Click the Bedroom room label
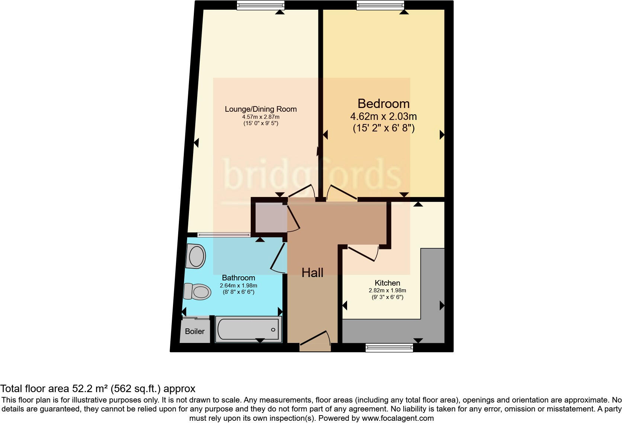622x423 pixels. point(383,104)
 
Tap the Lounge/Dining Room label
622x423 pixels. point(260,109)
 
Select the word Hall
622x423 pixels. point(312,273)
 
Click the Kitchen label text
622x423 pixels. point(387,283)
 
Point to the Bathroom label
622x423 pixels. point(238,278)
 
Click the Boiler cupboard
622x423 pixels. point(195,331)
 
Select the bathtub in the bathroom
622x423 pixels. point(248,329)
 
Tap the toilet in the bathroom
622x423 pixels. point(196,292)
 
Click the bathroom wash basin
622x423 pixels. point(196,256)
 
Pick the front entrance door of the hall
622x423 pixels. point(315,340)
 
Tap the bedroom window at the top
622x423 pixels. point(380,5)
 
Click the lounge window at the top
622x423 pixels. point(260,5)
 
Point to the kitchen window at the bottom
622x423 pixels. point(389,348)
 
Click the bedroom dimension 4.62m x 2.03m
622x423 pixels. point(383,117)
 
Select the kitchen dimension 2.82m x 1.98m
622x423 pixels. point(387,290)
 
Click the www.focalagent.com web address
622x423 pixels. point(397,418)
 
